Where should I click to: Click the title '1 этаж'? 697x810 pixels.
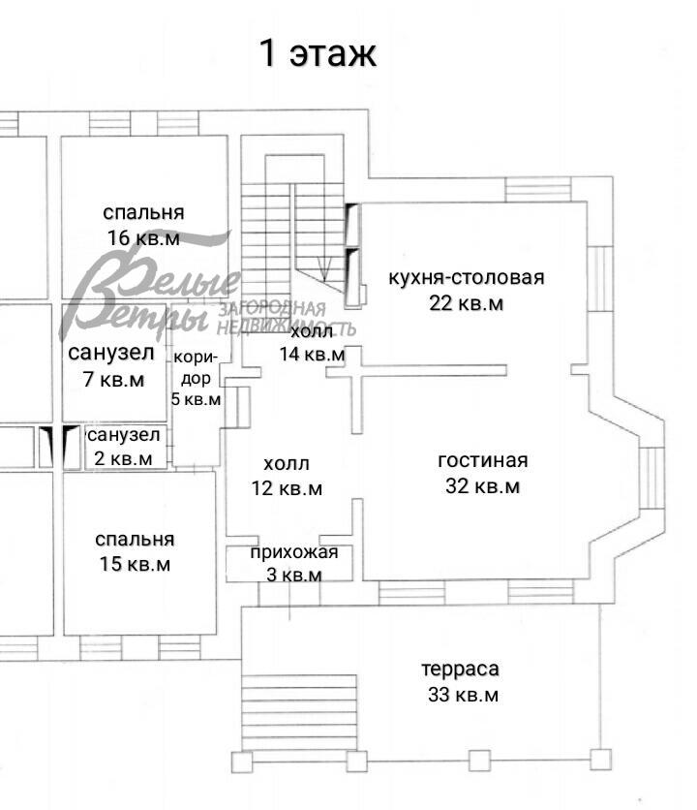pyautogui.click(x=317, y=53)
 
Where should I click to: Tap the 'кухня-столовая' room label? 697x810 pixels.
pyautogui.click(x=466, y=278)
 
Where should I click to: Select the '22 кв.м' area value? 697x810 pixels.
pyautogui.click(x=467, y=303)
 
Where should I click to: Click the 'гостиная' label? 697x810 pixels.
pyautogui.click(x=482, y=460)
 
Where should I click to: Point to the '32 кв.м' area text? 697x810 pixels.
pyautogui.click(x=482, y=486)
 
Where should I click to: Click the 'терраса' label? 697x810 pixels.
pyautogui.click(x=460, y=670)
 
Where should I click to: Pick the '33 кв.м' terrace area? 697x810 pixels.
pyautogui.click(x=462, y=695)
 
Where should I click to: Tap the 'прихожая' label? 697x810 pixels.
pyautogui.click(x=294, y=553)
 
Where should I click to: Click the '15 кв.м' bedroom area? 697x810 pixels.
pyautogui.click(x=135, y=564)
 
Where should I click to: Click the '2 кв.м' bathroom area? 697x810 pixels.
pyautogui.click(x=123, y=457)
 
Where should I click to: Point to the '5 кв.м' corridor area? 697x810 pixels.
pyautogui.click(x=196, y=398)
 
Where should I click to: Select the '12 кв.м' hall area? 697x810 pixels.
pyautogui.click(x=287, y=488)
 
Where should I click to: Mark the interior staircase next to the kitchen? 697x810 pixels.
pyautogui.click(x=290, y=233)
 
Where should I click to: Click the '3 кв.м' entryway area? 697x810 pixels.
pyautogui.click(x=294, y=575)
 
